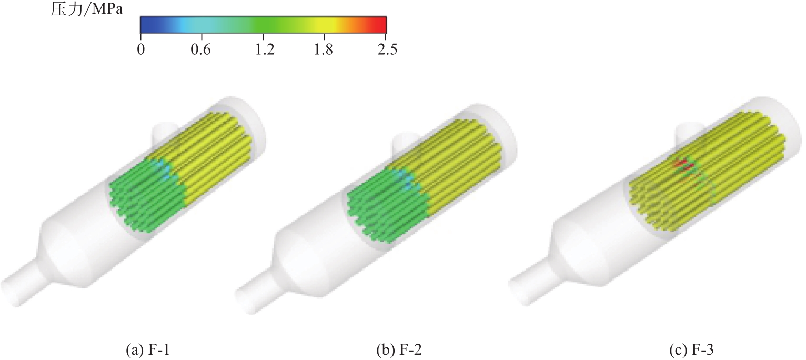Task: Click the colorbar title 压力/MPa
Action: tap(87, 9)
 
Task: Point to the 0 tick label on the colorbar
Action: tap(140, 49)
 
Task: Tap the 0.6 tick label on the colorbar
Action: tap(201, 49)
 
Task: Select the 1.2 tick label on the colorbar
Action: tap(265, 49)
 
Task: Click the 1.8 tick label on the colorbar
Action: tap(323, 49)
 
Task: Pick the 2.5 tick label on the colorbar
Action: tap(387, 49)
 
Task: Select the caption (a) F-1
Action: tap(147, 349)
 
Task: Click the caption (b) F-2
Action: tap(398, 349)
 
